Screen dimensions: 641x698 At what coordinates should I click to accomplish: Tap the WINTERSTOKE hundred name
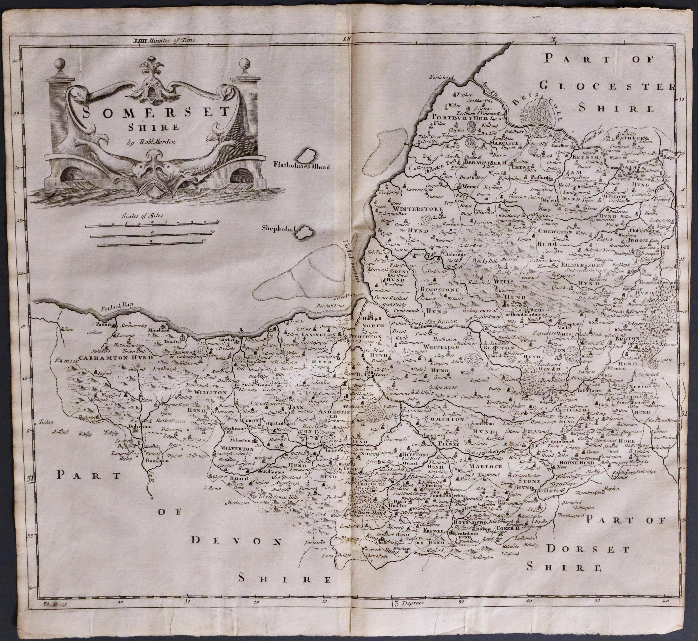pyautogui.click(x=418, y=209)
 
